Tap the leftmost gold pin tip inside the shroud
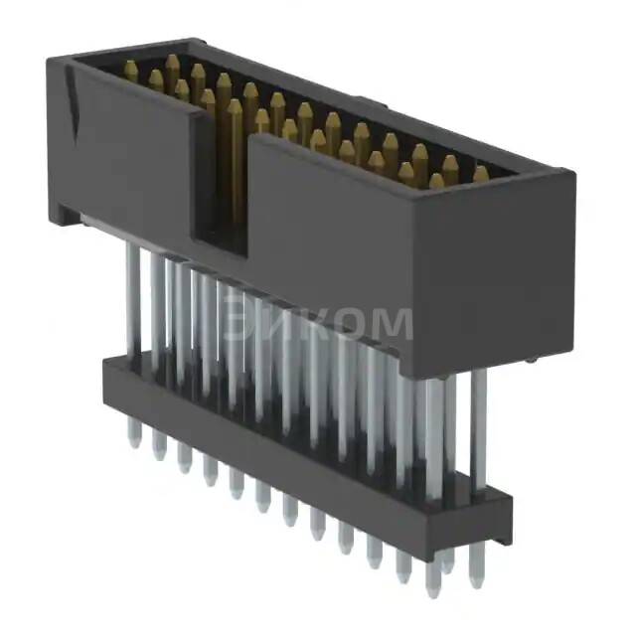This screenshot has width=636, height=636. [129, 69]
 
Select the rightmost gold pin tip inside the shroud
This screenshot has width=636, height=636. [481, 173]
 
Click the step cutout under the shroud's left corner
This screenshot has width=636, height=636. [70, 215]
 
